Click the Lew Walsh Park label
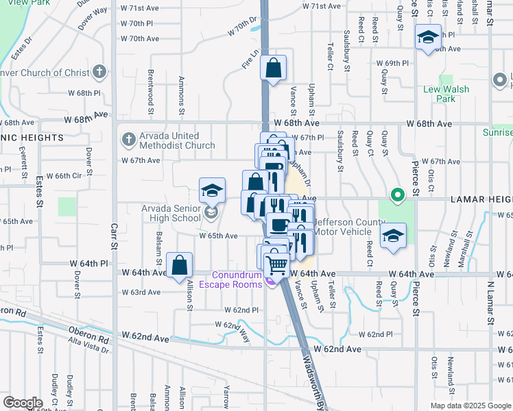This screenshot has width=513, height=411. tap(446, 94)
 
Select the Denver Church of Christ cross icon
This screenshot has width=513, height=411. tap(99, 71)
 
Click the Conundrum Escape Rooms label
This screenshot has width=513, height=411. tap(231, 279)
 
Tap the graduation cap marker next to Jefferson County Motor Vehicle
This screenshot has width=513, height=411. tap(394, 236)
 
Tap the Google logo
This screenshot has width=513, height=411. tap(23, 403)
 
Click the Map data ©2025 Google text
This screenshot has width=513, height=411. tap(470, 406)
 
